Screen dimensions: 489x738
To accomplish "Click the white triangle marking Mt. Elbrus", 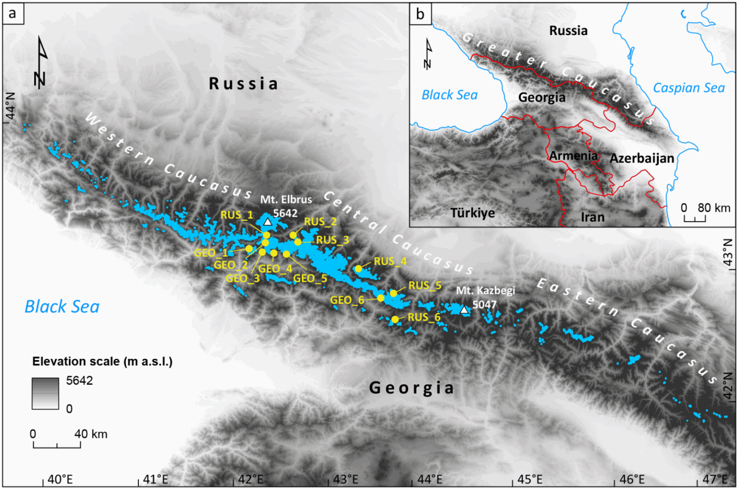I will [268, 222].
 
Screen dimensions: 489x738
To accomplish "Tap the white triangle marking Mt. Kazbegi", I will [464, 310].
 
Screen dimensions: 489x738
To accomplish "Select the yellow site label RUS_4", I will [390, 261].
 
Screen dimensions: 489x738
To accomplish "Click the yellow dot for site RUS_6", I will [395, 319].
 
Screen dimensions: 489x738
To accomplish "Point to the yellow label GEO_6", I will [347, 300].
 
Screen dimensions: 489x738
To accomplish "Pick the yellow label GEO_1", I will [211, 252].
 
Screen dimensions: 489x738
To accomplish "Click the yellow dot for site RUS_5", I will [394, 293].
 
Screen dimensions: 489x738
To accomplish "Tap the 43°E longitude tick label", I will [345, 479].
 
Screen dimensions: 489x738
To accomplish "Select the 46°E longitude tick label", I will [632, 479].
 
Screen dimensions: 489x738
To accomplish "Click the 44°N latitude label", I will [10, 106].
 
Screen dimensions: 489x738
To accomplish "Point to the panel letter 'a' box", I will [12, 13].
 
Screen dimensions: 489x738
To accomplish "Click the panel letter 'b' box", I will [420, 14].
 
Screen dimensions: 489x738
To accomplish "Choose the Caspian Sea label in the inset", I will [689, 88].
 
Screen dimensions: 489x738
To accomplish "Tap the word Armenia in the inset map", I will [573, 156].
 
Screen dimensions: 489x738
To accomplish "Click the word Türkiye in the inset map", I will [472, 213].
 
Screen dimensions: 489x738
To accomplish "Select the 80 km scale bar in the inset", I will [695, 219].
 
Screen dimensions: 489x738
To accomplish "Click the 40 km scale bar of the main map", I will [57, 445].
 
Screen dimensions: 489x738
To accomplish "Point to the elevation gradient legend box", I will [45, 393].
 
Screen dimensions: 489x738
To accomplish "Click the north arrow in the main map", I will [41, 63].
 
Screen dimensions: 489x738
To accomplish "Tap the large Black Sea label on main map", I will [62, 307].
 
